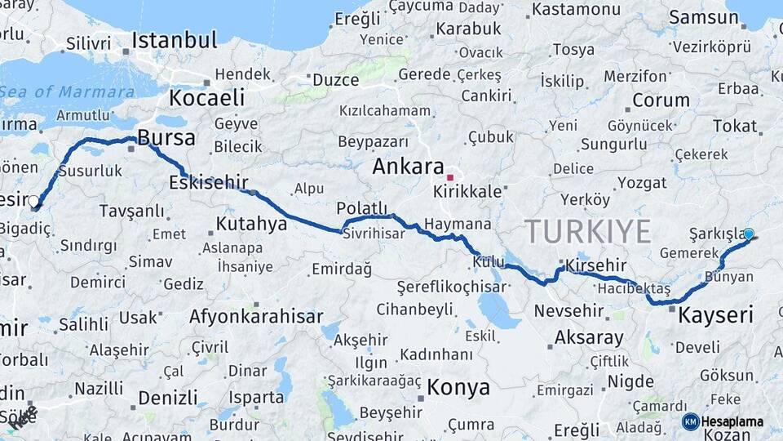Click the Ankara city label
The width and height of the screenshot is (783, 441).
pos(408,167)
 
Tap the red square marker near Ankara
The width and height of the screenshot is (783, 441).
pos(449,177)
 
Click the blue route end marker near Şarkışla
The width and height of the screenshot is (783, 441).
pos(749,234)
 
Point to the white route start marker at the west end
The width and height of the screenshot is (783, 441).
pos(33,201)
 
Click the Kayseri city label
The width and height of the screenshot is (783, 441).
pos(715,314)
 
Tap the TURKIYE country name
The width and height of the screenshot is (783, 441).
pos(587,231)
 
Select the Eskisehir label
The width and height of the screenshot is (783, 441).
pos(208,181)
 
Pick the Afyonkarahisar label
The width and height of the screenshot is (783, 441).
pos(256,316)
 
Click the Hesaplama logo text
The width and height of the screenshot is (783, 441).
pos(732,422)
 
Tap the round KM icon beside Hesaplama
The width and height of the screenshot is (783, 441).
pos(690,421)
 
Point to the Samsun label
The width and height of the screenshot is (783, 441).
pos(703,18)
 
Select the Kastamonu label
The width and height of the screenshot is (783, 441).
pos(575,10)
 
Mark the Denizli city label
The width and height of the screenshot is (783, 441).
pos(168,398)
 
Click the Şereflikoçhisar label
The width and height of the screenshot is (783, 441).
pos(453,287)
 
